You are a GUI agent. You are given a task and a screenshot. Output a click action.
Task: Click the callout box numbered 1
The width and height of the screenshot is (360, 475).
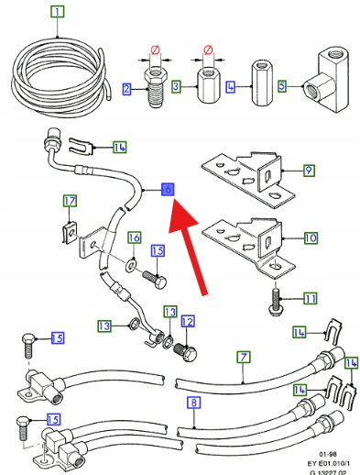[x=58, y=12]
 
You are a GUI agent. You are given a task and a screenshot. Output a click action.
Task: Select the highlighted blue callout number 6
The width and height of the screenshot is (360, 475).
[x=168, y=190]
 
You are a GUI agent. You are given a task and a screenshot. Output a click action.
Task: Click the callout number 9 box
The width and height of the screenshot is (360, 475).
[x=309, y=170]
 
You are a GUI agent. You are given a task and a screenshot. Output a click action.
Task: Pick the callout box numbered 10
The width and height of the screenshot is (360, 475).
[x=311, y=237]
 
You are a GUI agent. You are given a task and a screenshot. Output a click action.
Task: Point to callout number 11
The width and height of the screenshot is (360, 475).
[x=310, y=298]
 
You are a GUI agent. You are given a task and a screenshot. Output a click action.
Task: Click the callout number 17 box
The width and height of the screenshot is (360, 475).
[x=70, y=201]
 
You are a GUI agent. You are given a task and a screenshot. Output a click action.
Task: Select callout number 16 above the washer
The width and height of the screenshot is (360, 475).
[x=135, y=237]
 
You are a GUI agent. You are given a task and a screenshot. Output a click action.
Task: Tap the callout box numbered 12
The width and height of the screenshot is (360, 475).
[x=187, y=321]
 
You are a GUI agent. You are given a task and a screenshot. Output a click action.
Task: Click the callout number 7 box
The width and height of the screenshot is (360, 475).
[x=244, y=357]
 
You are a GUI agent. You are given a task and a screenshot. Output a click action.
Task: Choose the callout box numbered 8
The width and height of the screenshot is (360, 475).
[x=194, y=403]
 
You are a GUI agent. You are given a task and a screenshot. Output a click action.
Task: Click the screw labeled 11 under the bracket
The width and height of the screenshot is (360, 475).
[x=275, y=300]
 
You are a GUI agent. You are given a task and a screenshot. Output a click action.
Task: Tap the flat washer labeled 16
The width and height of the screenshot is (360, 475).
[x=131, y=264]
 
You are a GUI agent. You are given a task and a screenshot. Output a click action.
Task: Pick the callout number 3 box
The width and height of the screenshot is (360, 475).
[x=176, y=86]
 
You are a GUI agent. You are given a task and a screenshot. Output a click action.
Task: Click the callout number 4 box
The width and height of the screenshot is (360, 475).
[x=231, y=87]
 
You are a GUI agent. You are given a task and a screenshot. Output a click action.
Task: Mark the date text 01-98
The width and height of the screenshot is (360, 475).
[x=328, y=454]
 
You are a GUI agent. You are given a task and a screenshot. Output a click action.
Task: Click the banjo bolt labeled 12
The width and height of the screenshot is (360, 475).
[x=186, y=352]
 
